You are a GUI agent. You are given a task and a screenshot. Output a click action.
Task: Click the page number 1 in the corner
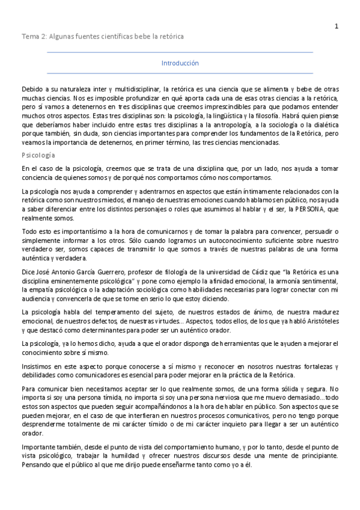click(337, 26)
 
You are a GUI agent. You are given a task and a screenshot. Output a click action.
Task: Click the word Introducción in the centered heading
click(180, 63)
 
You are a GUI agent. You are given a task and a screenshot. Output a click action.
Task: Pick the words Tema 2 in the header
click(32, 37)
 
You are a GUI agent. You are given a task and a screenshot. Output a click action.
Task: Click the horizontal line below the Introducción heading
click(180, 73)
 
